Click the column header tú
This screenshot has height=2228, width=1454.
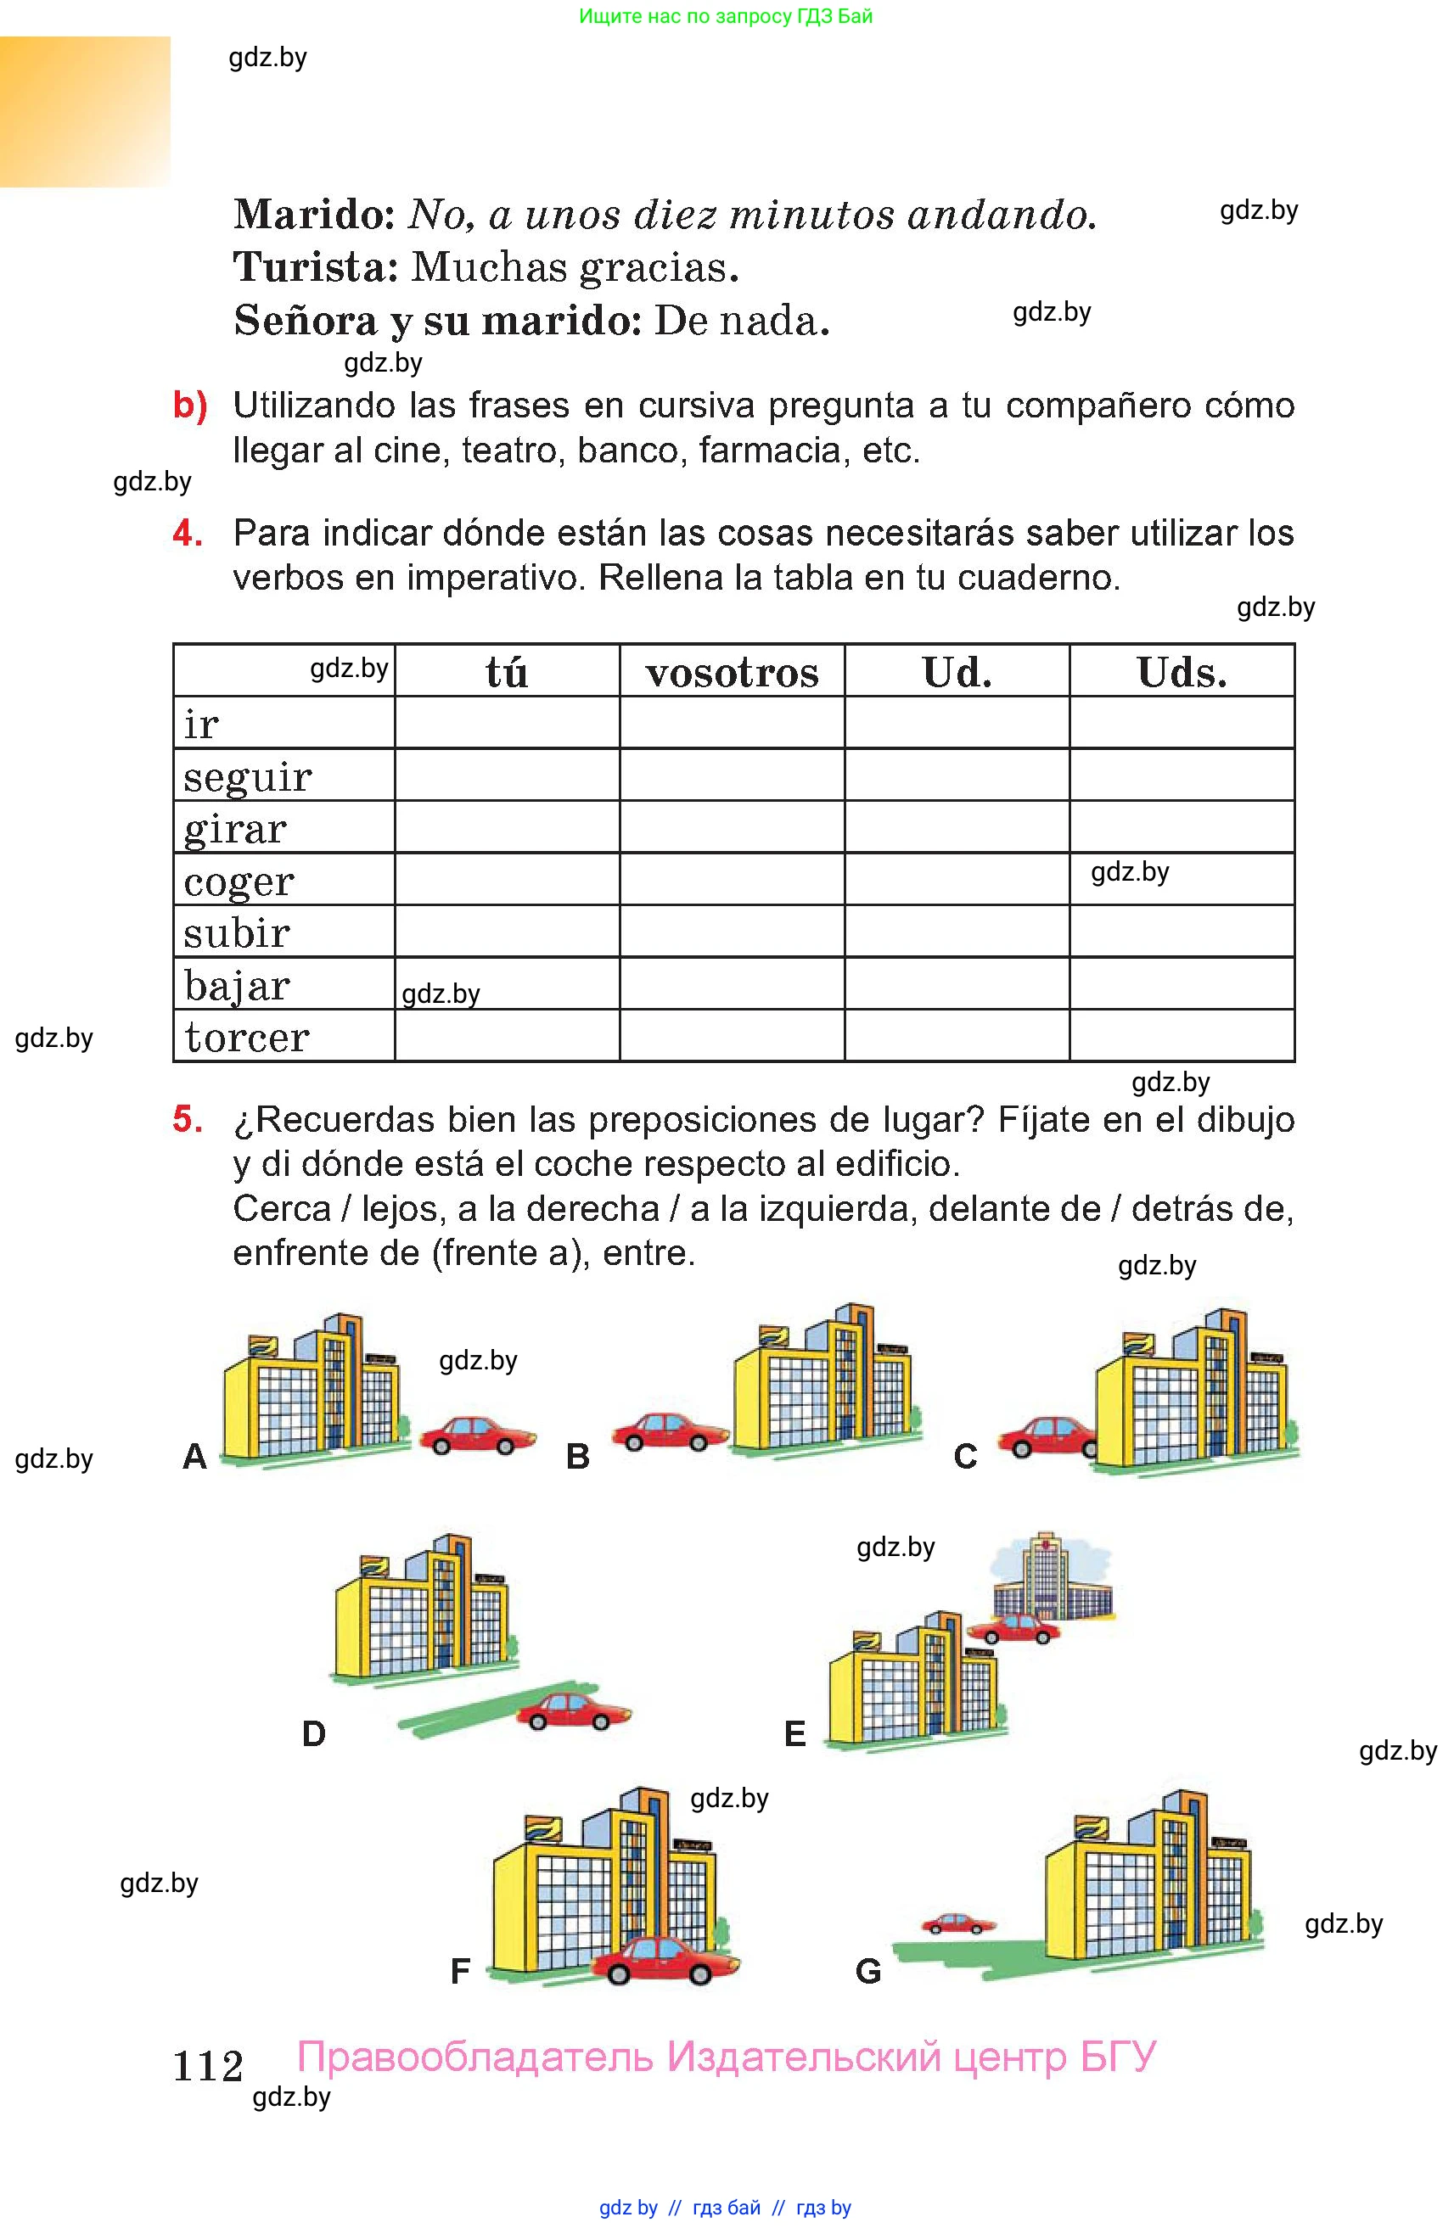click(x=507, y=671)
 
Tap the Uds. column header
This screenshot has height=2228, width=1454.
click(x=1181, y=672)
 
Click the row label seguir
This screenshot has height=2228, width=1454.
click(x=247, y=777)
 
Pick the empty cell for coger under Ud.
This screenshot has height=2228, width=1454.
click(x=956, y=879)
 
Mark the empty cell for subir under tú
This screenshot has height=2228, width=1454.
click(x=507, y=932)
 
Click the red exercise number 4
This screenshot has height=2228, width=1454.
click(x=188, y=534)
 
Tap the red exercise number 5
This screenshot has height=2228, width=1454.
click(x=188, y=1120)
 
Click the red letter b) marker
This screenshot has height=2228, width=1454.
click(x=190, y=406)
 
